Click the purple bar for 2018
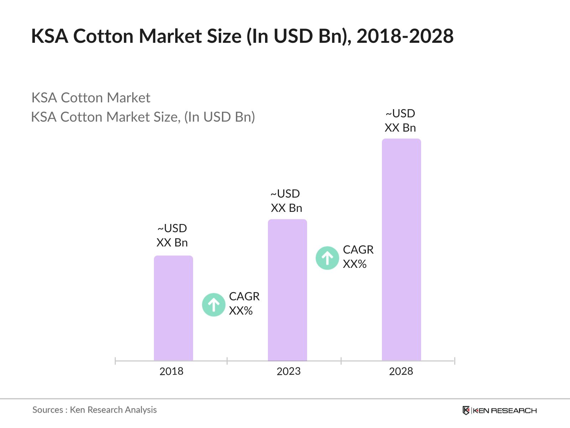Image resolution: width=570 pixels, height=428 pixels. click(x=173, y=308)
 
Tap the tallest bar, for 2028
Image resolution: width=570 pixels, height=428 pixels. click(x=401, y=250)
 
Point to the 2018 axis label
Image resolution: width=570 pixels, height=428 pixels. click(x=171, y=371)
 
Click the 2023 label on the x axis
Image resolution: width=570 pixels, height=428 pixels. click(x=289, y=371)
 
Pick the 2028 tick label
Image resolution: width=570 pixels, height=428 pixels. click(x=401, y=371)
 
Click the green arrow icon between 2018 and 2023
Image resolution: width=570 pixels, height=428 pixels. click(x=213, y=305)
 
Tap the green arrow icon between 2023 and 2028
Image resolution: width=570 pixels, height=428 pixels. click(x=327, y=258)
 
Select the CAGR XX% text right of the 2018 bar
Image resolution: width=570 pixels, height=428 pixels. click(x=244, y=304)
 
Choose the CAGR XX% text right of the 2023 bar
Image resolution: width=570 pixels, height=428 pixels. click(x=358, y=257)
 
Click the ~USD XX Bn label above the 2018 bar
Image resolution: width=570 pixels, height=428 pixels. click(x=172, y=235)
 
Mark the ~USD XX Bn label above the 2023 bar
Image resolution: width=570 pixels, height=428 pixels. click(x=286, y=201)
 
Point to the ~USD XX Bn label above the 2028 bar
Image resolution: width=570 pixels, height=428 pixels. click(x=400, y=121)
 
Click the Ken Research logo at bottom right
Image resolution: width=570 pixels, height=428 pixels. click(x=499, y=411)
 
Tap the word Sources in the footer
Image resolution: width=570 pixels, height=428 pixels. click(x=48, y=410)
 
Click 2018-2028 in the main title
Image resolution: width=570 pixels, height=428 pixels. click(x=405, y=36)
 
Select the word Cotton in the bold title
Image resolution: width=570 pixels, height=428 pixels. click(x=103, y=36)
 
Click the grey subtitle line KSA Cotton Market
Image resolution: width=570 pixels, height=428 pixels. click(x=91, y=98)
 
